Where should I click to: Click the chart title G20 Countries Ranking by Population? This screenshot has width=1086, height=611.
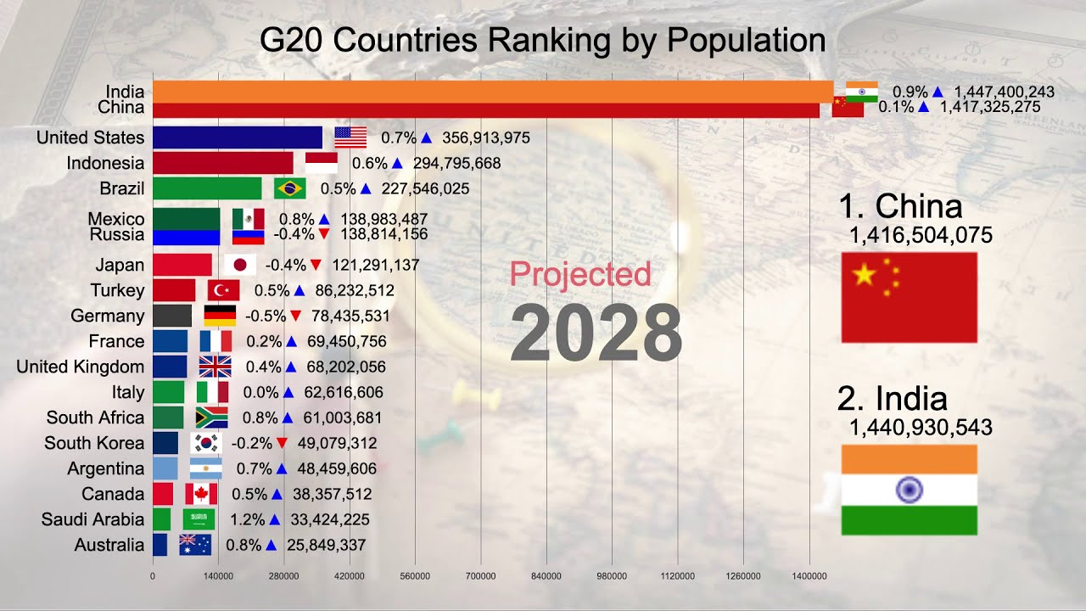tap(542, 41)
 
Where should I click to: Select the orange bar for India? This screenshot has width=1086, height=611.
tap(492, 92)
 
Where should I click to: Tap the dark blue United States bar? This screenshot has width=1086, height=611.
tap(238, 137)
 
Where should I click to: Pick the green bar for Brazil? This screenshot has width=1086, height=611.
tap(207, 188)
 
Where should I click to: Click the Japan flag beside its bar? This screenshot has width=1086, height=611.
tap(240, 265)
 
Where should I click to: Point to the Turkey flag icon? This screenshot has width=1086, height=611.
tap(223, 290)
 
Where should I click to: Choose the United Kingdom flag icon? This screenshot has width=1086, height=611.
tap(215, 367)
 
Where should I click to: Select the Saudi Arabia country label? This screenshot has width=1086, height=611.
tap(93, 519)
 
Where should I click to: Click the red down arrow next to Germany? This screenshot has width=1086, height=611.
tap(295, 316)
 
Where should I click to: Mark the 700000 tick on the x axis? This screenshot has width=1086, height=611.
tap(481, 576)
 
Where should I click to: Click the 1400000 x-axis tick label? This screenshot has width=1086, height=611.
tap(809, 576)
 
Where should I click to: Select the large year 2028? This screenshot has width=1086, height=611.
tap(596, 334)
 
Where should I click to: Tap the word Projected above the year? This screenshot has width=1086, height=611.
tap(580, 274)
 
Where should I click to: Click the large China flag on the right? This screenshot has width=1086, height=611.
tap(909, 297)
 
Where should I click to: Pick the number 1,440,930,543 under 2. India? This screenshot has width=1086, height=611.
tap(921, 428)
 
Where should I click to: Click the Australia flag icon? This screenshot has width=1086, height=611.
tap(195, 545)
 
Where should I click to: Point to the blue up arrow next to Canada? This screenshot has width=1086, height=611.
tap(277, 494)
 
